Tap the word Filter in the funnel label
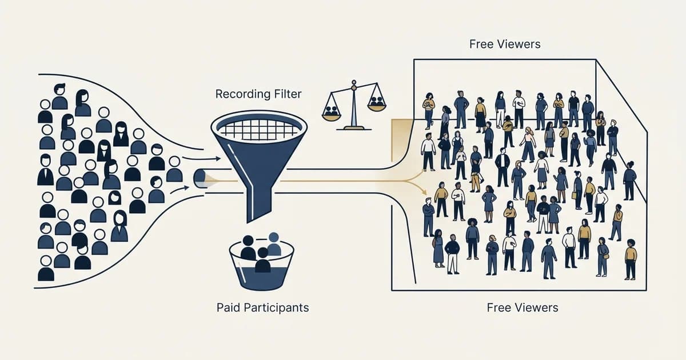click(x=287, y=94)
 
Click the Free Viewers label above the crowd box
click(x=505, y=44)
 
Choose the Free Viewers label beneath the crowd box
click(x=523, y=307)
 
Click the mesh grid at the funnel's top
click(x=259, y=129)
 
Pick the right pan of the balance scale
click(x=377, y=106)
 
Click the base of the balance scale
click(x=354, y=128)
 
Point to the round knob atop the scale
click(x=354, y=82)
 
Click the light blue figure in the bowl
click(x=274, y=245)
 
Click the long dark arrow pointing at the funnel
click(x=201, y=159)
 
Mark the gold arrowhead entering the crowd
click(x=424, y=192)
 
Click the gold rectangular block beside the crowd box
click(x=401, y=140)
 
